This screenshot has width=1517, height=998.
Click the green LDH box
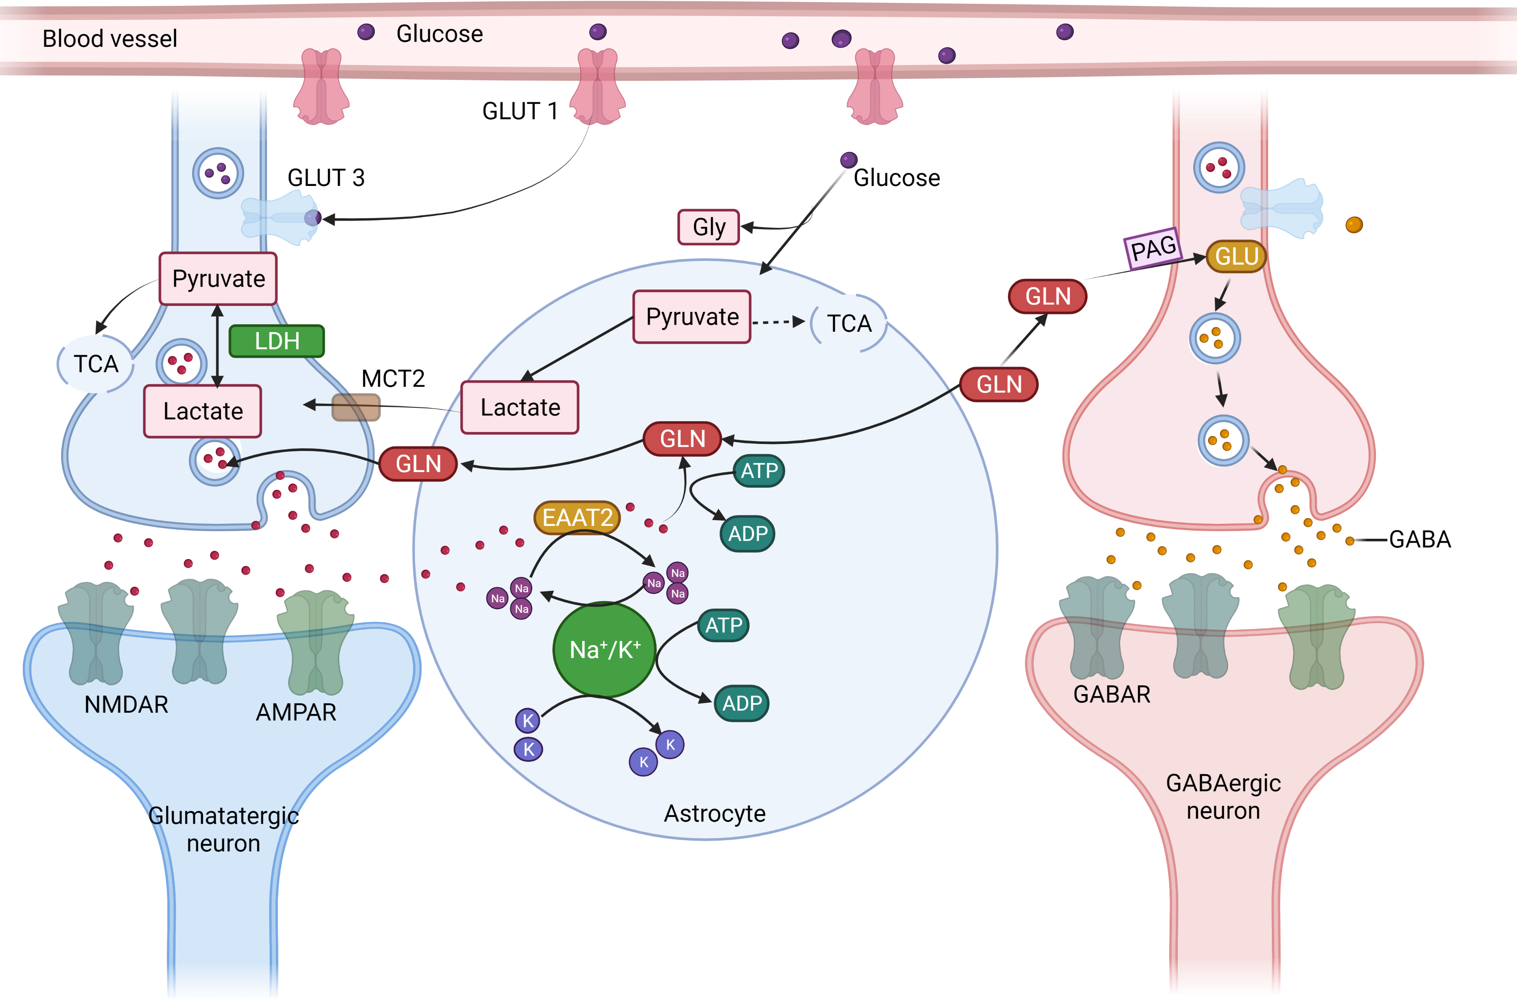[277, 341]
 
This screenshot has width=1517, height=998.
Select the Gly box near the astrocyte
[709, 227]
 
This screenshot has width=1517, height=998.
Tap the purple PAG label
[1153, 248]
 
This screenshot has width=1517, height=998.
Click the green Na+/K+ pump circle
[604, 649]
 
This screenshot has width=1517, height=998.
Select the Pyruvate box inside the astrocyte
[692, 317]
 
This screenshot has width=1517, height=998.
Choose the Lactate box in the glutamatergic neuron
[203, 411]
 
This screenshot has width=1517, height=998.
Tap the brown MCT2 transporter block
[356, 407]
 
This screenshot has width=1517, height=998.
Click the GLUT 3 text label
[326, 178]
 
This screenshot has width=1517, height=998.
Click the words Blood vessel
[110, 39]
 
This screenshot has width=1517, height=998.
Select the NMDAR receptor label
[126, 705]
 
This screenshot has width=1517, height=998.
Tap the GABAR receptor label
[1112, 694]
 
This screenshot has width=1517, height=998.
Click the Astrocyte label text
[714, 814]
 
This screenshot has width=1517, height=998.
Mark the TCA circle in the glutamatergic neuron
[96, 364]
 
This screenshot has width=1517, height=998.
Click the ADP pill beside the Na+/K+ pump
[742, 704]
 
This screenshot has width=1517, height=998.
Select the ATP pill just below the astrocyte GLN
[759, 471]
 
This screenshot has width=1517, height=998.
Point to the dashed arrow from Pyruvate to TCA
[778, 322]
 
